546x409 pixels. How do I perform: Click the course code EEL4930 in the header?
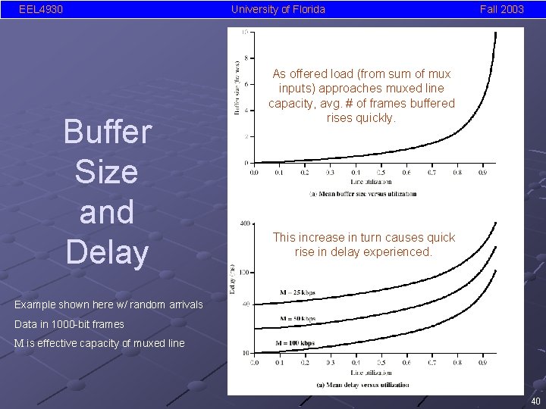pos(41,9)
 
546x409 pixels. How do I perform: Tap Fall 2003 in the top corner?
pos(501,9)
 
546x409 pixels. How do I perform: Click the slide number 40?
pos(535,401)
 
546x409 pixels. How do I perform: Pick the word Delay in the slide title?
pos(107,251)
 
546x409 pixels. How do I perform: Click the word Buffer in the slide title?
pos(107,132)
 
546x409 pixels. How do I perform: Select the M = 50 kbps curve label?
pos(297,319)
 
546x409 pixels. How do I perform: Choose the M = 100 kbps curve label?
pos(295,343)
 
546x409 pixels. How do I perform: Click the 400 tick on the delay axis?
pos(244,223)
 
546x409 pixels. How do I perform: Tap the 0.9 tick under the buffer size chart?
pos(482,173)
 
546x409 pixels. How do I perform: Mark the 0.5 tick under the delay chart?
pos(380,363)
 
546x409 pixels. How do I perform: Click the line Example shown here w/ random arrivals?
pos(109,304)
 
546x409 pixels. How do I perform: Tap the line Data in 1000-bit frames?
pos(69,324)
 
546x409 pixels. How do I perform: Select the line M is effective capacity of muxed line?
pos(99,343)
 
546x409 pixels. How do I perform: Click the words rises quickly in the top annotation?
pos(361,118)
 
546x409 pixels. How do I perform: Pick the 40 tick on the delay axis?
pos(245,304)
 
